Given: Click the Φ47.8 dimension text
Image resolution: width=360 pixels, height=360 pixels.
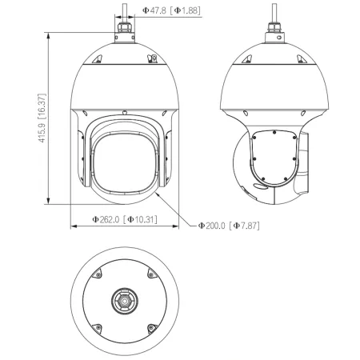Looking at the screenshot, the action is (154, 10).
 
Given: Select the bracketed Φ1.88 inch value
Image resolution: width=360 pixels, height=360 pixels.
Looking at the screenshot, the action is (186, 10).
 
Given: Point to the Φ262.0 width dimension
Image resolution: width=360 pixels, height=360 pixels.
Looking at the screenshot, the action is (106, 219).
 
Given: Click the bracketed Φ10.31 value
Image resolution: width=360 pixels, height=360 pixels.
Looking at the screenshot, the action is (140, 219).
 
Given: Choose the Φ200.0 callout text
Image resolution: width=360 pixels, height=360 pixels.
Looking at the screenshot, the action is (212, 226).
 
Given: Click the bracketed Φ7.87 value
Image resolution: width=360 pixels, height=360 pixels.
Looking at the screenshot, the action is (244, 226).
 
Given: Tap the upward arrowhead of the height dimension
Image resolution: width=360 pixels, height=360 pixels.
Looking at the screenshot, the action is (48, 35).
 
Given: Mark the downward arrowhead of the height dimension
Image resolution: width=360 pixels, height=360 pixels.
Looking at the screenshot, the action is (48, 201).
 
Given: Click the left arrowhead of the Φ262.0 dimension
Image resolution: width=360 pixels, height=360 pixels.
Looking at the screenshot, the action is (74, 226).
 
